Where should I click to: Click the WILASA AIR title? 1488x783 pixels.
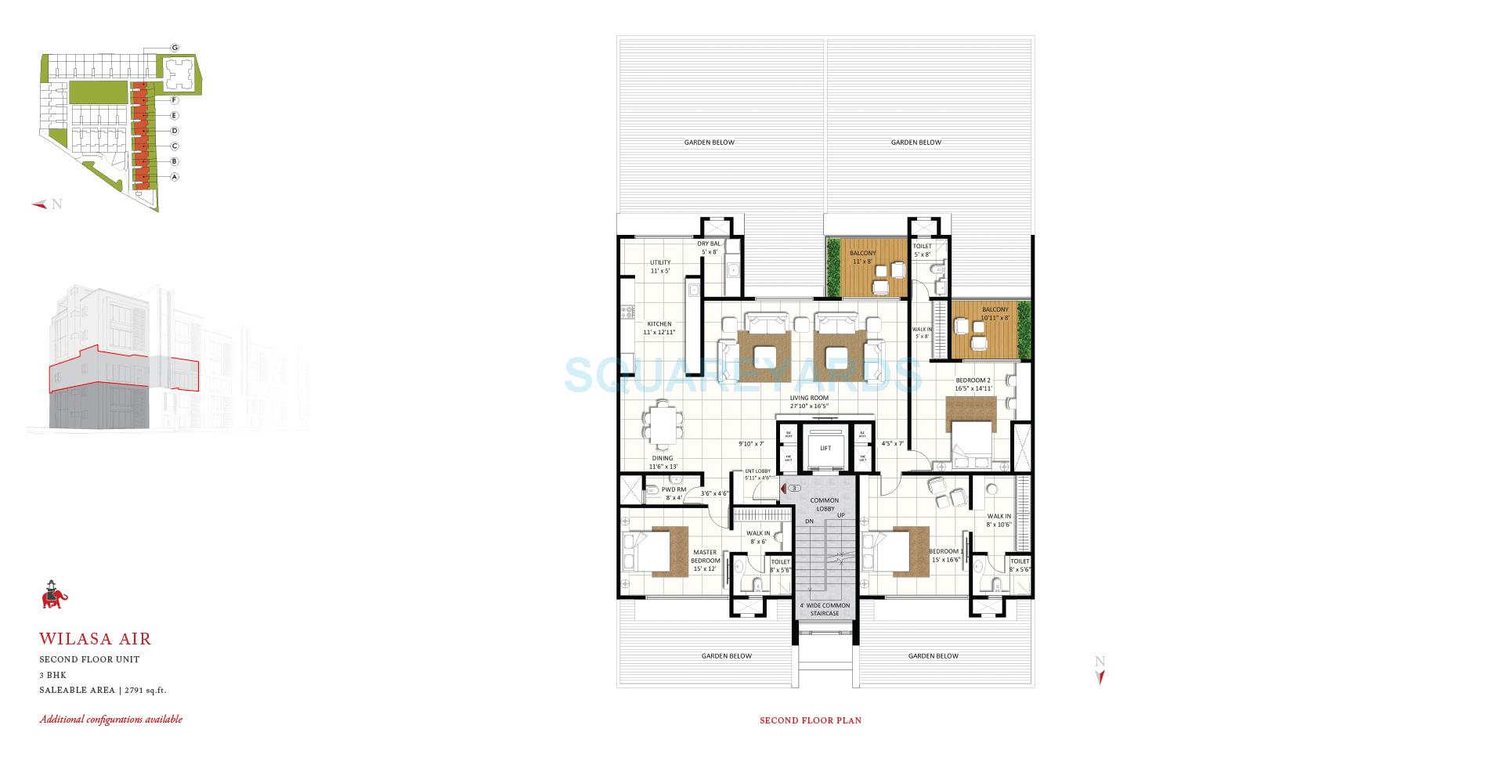click(x=95, y=640)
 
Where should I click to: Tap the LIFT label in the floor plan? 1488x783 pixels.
click(x=825, y=449)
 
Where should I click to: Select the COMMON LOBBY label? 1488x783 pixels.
click(x=824, y=505)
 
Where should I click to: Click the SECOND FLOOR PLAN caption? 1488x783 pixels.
click(x=810, y=720)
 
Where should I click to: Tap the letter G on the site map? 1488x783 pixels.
click(x=175, y=48)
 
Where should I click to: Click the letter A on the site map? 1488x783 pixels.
click(x=175, y=177)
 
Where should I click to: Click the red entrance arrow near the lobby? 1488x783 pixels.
click(x=782, y=489)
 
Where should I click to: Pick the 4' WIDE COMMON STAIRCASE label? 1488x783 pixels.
click(x=824, y=609)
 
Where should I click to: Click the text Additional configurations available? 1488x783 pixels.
click(x=111, y=720)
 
